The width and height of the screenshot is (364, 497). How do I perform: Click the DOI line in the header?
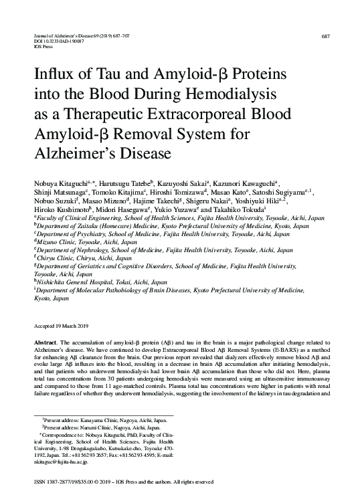click(x=60, y=42)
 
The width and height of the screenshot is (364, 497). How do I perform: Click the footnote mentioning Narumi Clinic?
click(x=94, y=426)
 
